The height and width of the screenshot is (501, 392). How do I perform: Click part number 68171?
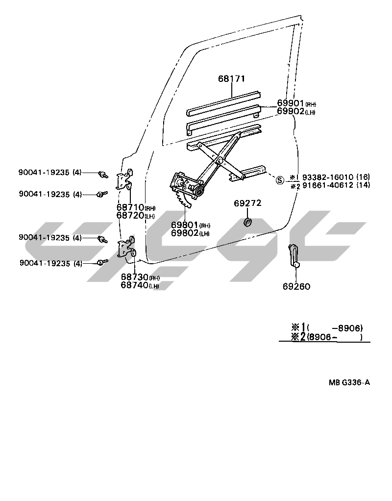232,78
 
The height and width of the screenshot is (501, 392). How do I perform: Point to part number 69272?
247,203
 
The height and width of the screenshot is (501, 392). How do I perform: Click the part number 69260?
296,287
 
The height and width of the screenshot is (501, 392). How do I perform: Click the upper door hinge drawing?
125,180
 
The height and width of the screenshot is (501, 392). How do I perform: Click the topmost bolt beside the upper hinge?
103,174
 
